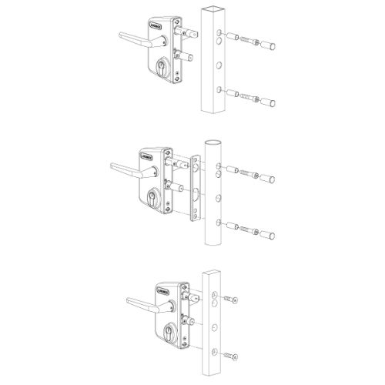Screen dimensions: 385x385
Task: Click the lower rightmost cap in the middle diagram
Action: click(x=270, y=229)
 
